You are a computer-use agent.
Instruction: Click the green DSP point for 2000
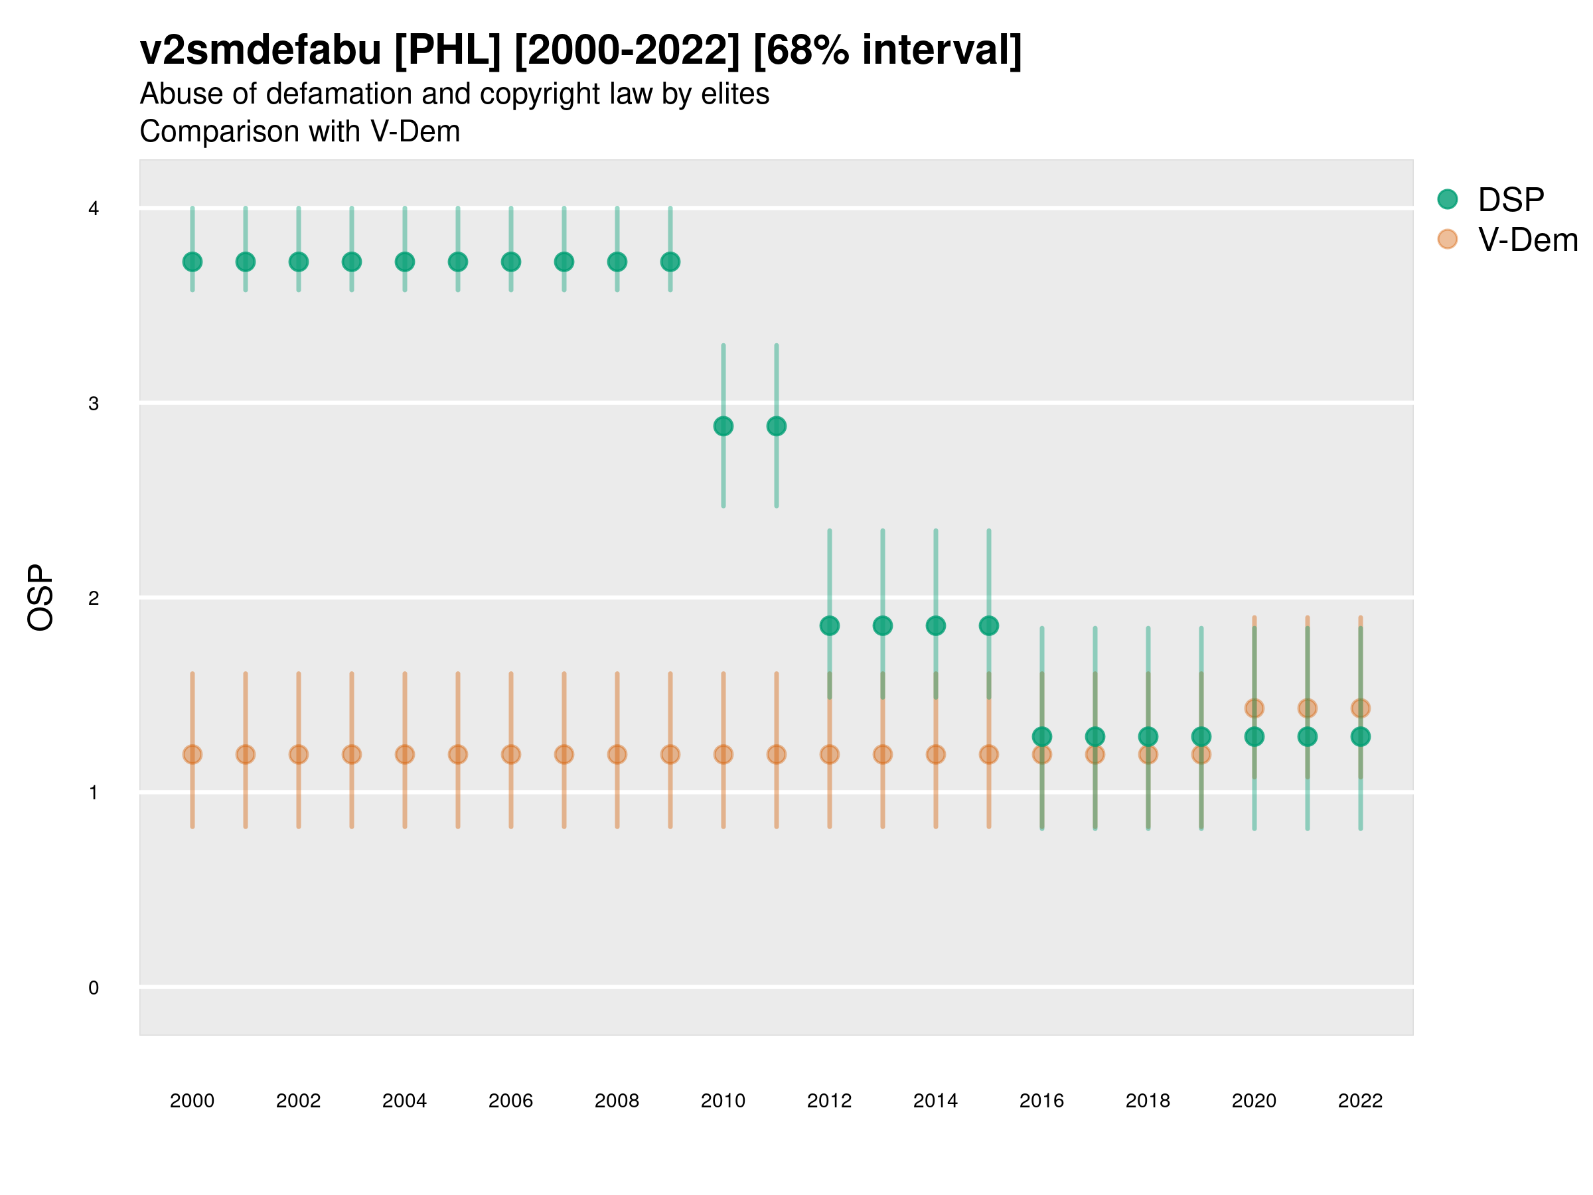click(x=192, y=262)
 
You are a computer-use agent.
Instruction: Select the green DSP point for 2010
click(x=723, y=426)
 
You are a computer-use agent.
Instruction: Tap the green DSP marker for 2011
click(x=777, y=426)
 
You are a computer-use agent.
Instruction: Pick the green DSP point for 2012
click(x=830, y=626)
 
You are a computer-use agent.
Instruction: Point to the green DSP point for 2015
click(x=989, y=626)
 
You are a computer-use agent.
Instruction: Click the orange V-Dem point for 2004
click(x=405, y=754)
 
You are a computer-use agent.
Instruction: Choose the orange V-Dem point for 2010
click(x=723, y=754)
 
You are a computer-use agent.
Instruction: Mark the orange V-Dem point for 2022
click(x=1361, y=708)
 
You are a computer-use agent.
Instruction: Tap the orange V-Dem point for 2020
click(x=1254, y=708)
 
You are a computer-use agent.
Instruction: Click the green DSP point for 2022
click(x=1361, y=737)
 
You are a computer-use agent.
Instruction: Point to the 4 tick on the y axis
click(x=94, y=209)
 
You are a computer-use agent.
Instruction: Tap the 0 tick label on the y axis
click(x=94, y=988)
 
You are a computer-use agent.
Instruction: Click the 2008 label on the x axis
click(x=617, y=1101)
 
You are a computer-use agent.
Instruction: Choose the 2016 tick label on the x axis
click(x=1041, y=1101)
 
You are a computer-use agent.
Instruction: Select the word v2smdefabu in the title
click(x=260, y=50)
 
